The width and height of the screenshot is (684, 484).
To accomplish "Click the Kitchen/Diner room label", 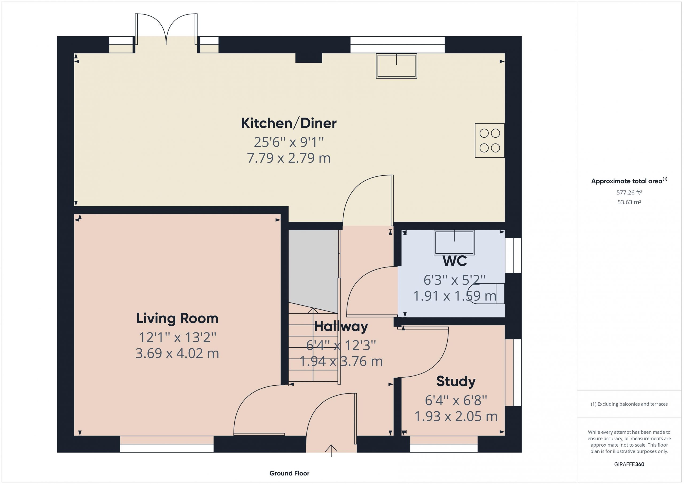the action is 289,123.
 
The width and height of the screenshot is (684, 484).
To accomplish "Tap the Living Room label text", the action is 177,318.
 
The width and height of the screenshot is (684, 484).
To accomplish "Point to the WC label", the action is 454,261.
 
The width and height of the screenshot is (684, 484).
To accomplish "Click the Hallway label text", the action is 341,326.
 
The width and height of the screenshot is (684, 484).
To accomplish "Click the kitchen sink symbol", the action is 396,66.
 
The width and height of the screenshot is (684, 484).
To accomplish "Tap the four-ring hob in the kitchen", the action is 489,140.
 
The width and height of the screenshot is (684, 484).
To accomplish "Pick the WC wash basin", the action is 454,243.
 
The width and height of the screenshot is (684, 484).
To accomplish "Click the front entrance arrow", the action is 331,450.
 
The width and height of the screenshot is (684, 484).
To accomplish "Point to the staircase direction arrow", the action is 313,345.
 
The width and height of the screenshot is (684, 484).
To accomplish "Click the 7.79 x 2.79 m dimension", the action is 289,158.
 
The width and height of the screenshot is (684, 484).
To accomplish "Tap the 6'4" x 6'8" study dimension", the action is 456,400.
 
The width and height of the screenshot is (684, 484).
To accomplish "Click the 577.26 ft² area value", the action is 629,192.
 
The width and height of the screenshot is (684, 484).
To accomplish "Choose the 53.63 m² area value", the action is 629,202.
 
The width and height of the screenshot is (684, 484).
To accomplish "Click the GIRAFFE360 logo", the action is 629,464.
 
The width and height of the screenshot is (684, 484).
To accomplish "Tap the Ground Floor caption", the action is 289,473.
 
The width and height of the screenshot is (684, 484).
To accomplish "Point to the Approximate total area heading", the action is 629,181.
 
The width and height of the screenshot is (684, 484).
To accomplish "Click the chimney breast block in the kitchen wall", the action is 309,58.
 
